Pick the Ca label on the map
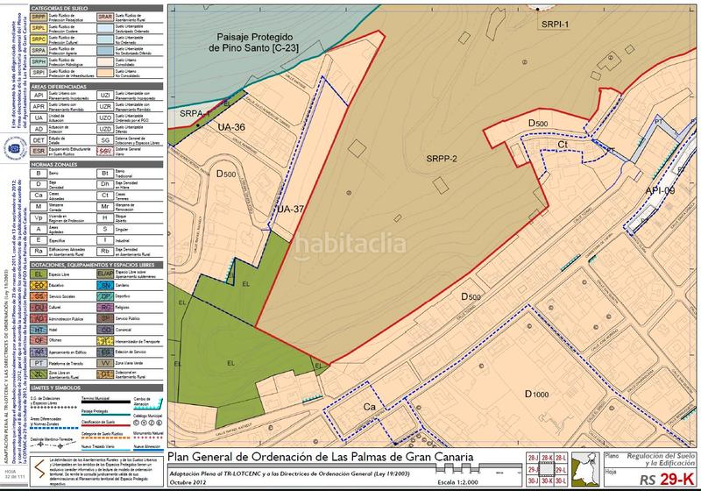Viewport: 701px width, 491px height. coord(370,408)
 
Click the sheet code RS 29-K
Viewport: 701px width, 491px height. coord(660,479)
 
